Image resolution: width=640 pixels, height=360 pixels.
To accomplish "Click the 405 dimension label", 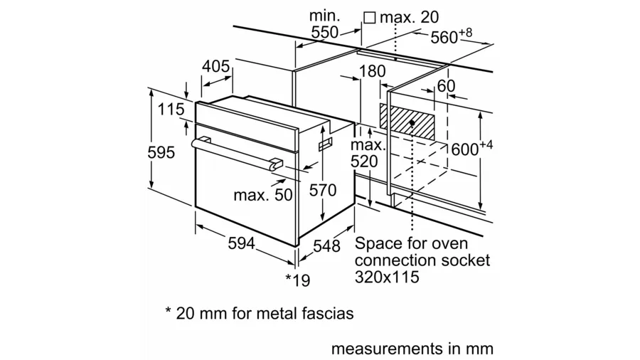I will tap(215, 67).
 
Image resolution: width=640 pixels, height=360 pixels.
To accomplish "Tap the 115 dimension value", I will tap(171, 110).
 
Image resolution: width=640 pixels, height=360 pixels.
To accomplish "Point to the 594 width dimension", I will tap(241, 243).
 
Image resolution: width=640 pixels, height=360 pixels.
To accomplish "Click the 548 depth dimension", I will tap(326, 246).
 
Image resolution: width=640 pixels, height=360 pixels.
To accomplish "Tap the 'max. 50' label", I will tap(263, 194).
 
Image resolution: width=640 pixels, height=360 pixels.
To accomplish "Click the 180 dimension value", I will tap(372, 71).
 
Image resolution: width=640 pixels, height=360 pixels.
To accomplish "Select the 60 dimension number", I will tap(446, 85).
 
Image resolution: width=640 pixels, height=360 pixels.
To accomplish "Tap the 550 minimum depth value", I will tap(325, 32).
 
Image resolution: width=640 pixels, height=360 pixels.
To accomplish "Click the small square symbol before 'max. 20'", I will tap(368, 16).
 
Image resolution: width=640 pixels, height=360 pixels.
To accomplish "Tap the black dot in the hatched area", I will tap(412, 123).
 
